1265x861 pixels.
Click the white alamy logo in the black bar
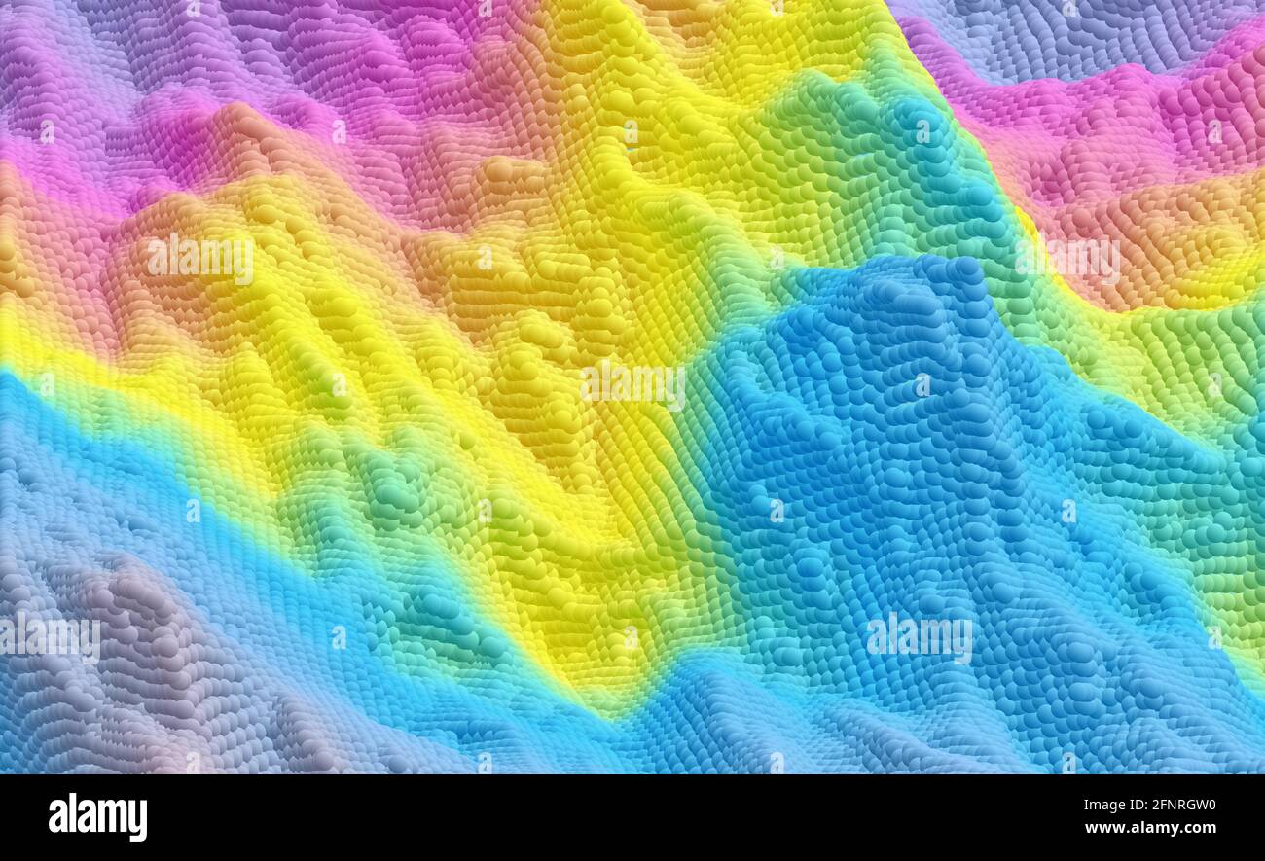coord(97,817)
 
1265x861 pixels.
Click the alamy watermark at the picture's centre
coord(632,385)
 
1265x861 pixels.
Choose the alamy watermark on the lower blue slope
coord(919,637)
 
